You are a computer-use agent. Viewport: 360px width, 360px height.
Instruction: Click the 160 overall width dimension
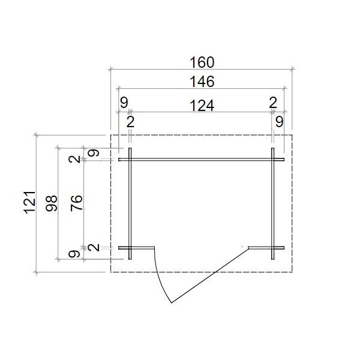202,62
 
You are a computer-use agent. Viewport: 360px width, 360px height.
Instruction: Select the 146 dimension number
202,82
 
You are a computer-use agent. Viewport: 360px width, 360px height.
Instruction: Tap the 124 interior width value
202,106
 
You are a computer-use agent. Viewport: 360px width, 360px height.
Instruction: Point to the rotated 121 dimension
31,203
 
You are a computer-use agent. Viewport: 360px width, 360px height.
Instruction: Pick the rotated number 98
51,203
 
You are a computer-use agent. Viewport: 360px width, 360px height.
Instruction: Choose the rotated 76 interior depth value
76,203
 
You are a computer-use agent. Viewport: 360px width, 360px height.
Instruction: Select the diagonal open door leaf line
210,275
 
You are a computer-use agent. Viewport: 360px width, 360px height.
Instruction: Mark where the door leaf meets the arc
172,303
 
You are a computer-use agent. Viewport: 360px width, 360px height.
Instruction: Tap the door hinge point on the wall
249,248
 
